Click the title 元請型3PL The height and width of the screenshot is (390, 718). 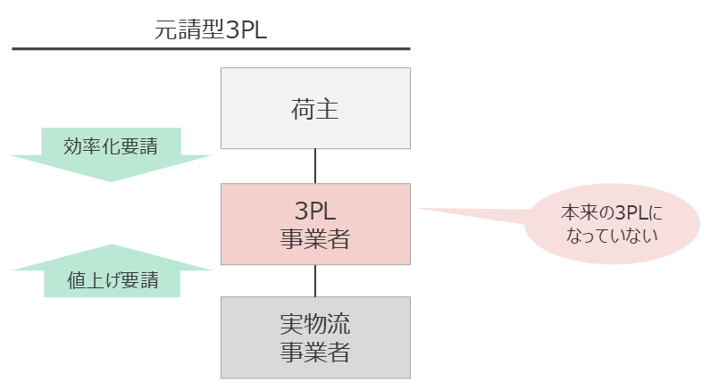coord(211,30)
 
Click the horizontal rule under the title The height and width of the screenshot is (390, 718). coord(211,48)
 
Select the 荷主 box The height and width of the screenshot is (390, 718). coord(315,108)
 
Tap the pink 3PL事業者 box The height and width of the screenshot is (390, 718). coord(315,224)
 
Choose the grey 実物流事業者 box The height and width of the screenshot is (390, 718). coord(315,338)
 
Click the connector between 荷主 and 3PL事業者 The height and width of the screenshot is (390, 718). coord(315,166)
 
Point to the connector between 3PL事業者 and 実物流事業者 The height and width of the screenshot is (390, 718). coord(315,281)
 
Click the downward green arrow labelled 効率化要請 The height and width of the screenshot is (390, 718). coord(112,154)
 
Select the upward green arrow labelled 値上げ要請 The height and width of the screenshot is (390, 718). coord(112,271)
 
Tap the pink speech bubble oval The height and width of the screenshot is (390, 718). coord(613,223)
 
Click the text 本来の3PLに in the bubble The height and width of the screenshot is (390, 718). coord(612,213)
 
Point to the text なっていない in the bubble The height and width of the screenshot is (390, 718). coord(613,236)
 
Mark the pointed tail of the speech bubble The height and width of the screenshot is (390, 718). coord(417,209)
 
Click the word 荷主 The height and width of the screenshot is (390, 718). coord(315,110)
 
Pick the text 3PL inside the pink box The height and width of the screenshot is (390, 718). coord(315,211)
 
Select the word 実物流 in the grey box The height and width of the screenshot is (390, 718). coord(315,324)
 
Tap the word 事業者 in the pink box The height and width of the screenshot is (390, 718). coord(315,239)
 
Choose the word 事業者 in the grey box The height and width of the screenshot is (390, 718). coord(315,353)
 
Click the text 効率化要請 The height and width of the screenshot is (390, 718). coord(111,146)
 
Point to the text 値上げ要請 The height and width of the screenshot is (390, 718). coord(113,280)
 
